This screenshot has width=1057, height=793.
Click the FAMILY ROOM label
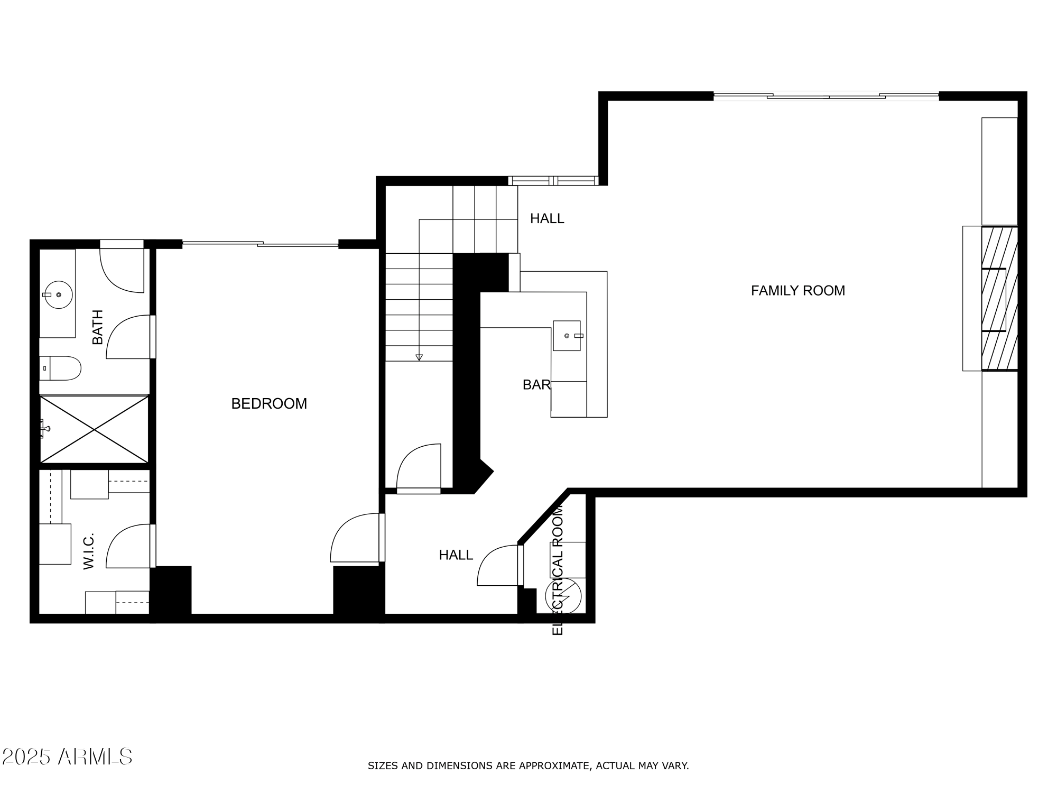click(x=798, y=291)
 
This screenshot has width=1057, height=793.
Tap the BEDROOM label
click(x=269, y=404)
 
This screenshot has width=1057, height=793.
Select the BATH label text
click(x=98, y=327)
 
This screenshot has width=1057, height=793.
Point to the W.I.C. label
click(x=88, y=551)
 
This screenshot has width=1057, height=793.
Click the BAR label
click(x=536, y=385)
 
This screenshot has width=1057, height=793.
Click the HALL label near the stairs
click(x=547, y=219)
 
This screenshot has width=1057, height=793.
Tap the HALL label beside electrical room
click(x=456, y=555)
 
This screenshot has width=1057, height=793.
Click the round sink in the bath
click(x=58, y=294)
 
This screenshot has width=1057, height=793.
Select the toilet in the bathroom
click(x=61, y=368)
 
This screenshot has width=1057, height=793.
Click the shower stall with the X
click(x=94, y=430)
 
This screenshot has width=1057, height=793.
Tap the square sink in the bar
click(x=567, y=336)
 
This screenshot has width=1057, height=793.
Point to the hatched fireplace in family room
click(x=999, y=299)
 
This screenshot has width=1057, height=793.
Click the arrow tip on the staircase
click(x=419, y=358)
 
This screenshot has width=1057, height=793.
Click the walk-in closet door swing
click(x=128, y=547)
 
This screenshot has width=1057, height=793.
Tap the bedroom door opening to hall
click(x=354, y=538)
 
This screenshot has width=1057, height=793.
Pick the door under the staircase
click(x=419, y=467)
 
